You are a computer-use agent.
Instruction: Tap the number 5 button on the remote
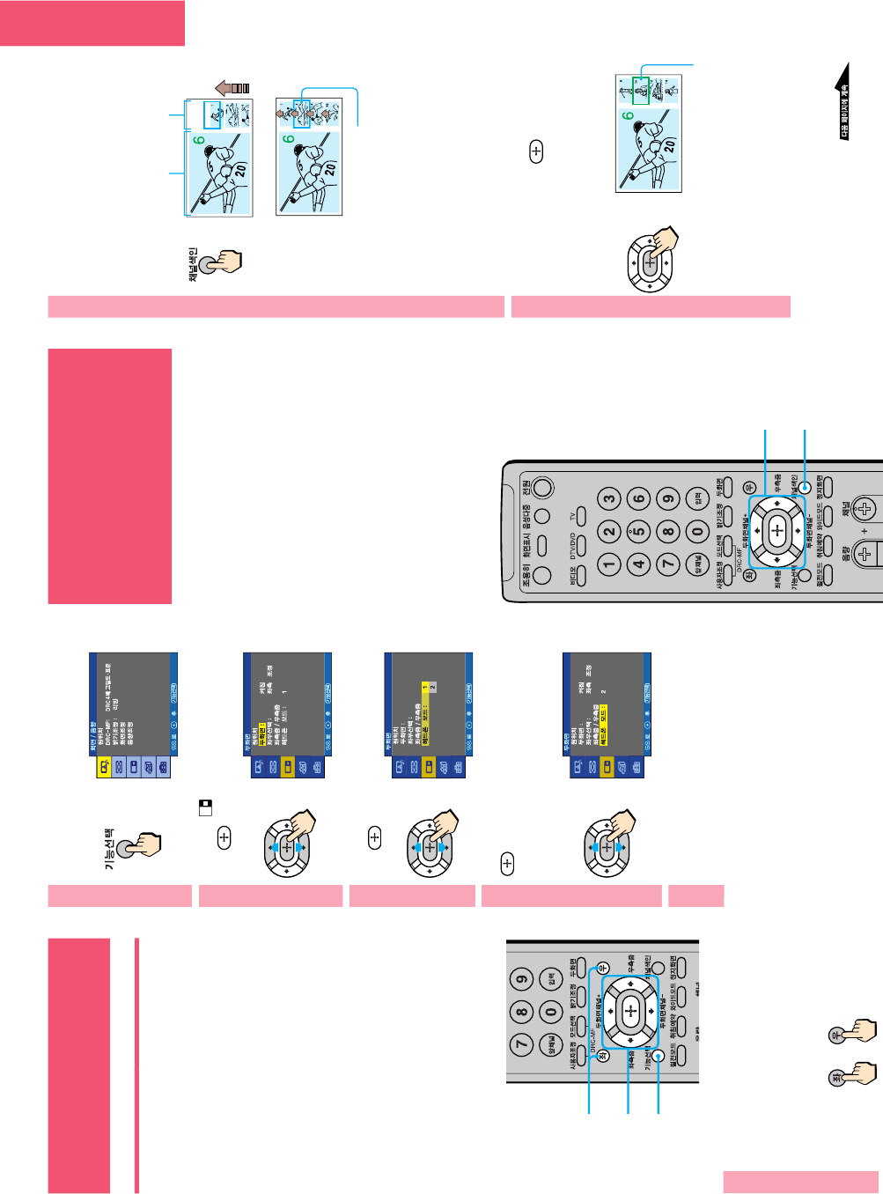coord(639,531)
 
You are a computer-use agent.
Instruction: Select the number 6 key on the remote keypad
coord(639,499)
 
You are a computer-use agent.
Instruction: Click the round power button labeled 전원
coord(543,486)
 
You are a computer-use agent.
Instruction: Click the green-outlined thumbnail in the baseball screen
coord(640,91)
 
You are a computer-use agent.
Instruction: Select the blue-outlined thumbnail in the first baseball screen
coord(212,115)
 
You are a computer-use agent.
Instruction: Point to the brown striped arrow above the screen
coord(233,87)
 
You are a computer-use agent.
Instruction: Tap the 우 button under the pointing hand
coord(838,1035)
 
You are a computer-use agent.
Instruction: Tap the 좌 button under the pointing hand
coord(838,1077)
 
